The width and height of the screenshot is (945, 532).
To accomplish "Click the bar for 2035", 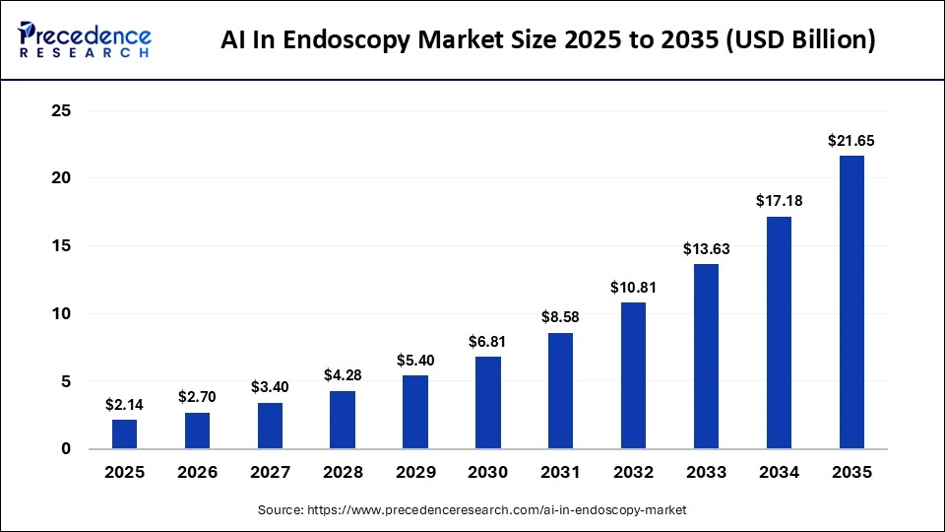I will click(851, 301).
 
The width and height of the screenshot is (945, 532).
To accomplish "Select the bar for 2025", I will click(125, 433).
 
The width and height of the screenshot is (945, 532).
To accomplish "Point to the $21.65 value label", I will click(851, 141).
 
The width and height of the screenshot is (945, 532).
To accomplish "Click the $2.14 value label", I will click(125, 405).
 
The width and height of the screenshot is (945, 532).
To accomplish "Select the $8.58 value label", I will click(561, 318).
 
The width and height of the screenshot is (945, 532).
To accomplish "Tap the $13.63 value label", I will click(706, 249).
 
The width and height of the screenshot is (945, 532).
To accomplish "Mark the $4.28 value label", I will click(343, 376).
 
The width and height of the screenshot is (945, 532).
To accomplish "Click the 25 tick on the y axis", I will click(61, 111).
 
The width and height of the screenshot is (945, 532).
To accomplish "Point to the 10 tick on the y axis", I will click(61, 314).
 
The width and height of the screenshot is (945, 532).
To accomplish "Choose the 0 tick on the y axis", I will click(66, 449).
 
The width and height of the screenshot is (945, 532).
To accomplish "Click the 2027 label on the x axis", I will click(270, 473).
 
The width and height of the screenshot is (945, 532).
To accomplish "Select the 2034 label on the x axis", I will click(779, 473).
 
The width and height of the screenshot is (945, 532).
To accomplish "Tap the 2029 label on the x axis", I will click(415, 473).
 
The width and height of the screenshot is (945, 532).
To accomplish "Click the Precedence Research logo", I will click(85, 39).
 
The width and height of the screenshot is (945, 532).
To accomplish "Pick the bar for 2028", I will click(343, 420).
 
